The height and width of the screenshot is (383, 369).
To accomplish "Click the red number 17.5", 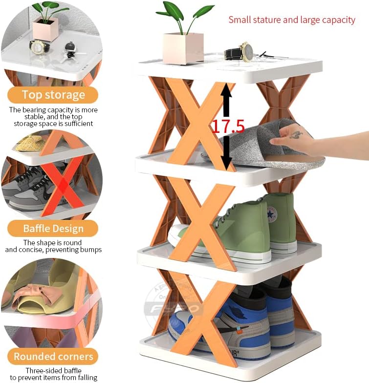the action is point(228,126).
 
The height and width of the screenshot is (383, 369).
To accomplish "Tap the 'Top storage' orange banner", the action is point(53,95).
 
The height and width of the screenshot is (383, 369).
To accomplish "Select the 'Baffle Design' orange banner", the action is point(53,229).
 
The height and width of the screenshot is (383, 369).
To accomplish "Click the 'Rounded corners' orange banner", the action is point(53,357).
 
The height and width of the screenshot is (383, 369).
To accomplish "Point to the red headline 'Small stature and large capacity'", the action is point(292,20).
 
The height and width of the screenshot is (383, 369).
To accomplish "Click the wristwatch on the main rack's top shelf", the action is point(241,52).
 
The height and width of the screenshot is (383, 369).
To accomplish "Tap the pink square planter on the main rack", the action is point(183,48).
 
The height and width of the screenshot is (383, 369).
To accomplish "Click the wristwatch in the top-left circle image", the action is point(39,46).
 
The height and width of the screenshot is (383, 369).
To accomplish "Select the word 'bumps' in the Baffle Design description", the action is point(91,250).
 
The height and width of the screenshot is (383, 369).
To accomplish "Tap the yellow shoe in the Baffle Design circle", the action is point(29,143).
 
